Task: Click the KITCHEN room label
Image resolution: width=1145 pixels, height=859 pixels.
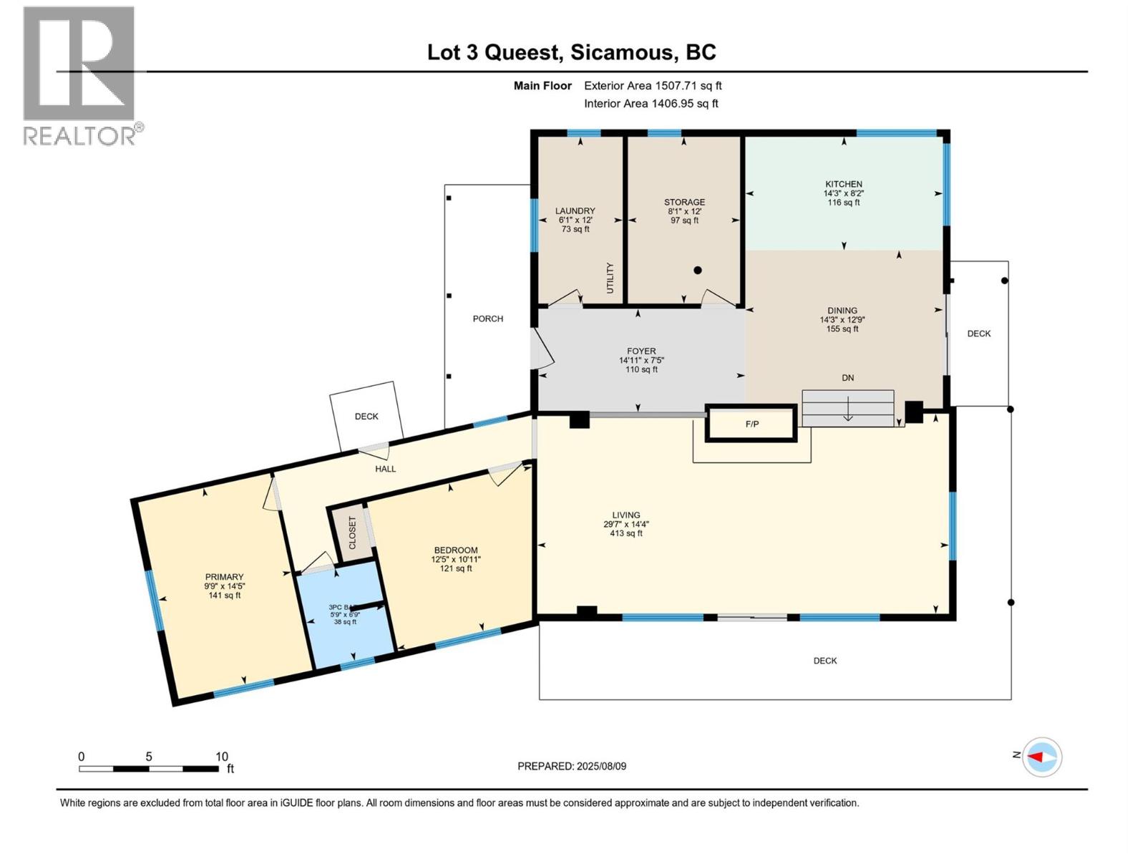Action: coord(843,184)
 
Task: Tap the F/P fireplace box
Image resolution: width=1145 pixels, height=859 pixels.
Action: coord(751,424)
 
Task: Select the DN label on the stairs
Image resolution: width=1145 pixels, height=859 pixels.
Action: coord(847,378)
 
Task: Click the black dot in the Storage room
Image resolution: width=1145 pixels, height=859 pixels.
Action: coord(697,271)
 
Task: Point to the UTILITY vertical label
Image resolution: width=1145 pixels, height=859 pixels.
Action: coord(610,278)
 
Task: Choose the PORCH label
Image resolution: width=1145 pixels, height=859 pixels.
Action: coord(487,319)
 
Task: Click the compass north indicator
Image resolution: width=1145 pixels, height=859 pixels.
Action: coord(1041,757)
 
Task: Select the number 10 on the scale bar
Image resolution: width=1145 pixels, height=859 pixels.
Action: coord(222,757)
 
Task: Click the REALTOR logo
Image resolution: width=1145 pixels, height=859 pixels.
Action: coord(80,76)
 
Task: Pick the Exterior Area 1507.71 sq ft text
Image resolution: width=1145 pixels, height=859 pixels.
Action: coord(653,86)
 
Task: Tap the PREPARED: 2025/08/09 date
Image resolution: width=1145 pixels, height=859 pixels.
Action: coord(572,766)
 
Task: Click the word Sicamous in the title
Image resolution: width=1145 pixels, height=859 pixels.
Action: coord(623,52)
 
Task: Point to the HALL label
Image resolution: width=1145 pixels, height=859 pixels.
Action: coord(385,469)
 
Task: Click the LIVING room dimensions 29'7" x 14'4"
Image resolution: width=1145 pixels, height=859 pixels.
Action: coord(626,524)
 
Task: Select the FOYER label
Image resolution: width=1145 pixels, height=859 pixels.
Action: coord(641,351)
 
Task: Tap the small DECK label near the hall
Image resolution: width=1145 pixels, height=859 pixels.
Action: coord(366,416)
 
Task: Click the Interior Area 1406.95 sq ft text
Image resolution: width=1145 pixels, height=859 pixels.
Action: coord(651,104)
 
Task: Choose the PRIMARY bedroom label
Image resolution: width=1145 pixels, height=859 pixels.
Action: coord(224,577)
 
